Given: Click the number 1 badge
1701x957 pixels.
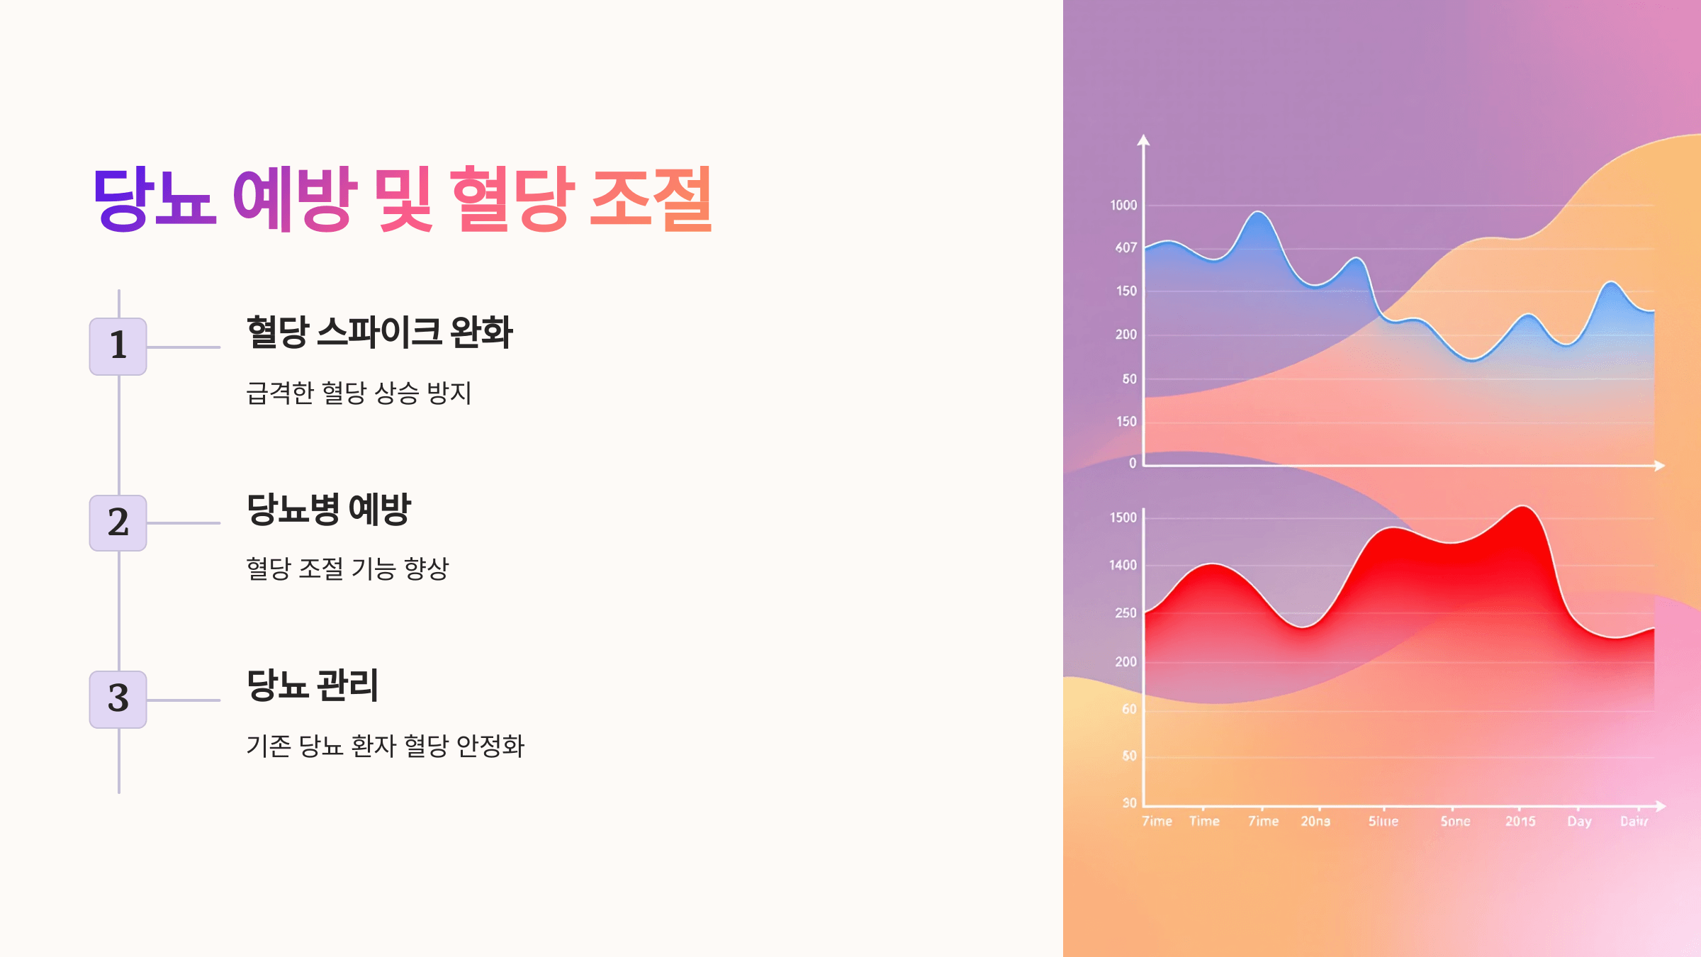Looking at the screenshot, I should [118, 346].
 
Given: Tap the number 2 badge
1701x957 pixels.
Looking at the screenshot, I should [118, 522].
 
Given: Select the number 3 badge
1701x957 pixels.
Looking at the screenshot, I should [118, 699].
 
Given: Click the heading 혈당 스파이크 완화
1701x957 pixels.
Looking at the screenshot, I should [379, 332].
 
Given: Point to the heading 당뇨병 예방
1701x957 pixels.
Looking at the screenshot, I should [329, 509].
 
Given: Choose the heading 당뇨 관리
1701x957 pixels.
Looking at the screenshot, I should [313, 685].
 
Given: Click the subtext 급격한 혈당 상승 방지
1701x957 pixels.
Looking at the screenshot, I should [359, 393].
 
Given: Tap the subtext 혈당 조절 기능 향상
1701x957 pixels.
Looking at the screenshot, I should [347, 569].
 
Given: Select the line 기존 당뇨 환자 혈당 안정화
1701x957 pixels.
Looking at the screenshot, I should [385, 746].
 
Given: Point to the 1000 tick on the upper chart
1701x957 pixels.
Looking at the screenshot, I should [1123, 206].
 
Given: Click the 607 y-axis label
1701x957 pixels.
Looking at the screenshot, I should [1125, 248].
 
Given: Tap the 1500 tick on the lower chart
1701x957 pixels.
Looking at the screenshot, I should [1123, 518].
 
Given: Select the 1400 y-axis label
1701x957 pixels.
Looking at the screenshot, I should [1123, 566].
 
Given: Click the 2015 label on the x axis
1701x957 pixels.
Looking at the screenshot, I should [1520, 822].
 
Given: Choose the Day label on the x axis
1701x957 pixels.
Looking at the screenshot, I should [1579, 822].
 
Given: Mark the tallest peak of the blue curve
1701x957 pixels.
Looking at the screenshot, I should [1258, 213].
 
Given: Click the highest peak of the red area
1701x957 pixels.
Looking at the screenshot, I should [1522, 507].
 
